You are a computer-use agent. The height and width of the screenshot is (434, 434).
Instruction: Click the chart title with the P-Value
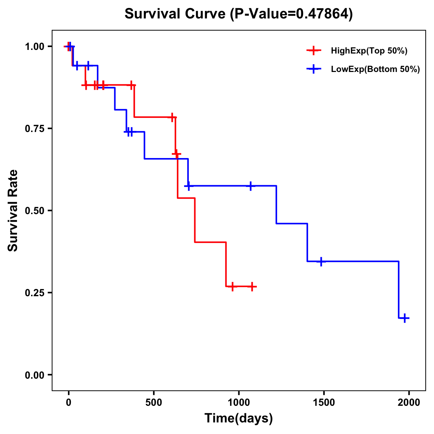point(239,14)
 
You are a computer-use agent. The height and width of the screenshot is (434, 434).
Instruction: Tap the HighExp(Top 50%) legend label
point(369,51)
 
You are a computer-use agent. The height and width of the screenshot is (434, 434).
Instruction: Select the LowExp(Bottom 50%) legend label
point(375,69)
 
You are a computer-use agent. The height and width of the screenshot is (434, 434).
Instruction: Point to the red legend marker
point(314,51)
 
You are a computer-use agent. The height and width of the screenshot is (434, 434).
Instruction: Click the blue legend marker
point(314,69)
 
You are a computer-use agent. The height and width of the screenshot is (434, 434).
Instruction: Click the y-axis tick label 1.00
point(34,47)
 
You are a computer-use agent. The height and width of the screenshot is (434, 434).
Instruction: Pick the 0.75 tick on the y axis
point(34,129)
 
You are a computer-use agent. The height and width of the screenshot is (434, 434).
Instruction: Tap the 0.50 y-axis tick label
point(34,211)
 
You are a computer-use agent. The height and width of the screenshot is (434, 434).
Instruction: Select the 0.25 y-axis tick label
point(34,293)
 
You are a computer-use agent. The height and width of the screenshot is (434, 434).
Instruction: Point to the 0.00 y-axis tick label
point(34,375)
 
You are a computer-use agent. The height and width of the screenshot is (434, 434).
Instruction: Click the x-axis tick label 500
point(154,403)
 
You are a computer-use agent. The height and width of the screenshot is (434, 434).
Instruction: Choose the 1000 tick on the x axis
point(239,403)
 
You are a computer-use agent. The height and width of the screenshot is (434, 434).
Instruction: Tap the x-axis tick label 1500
point(324,403)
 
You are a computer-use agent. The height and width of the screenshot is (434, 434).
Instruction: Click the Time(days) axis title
point(239,418)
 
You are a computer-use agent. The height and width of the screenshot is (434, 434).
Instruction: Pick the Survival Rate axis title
point(13,210)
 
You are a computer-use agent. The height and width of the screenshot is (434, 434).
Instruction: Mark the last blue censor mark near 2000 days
point(405,318)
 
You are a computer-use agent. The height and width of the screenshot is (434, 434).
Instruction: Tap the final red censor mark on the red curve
point(252,286)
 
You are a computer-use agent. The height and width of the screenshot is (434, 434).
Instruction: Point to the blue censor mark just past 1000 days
point(251,186)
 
